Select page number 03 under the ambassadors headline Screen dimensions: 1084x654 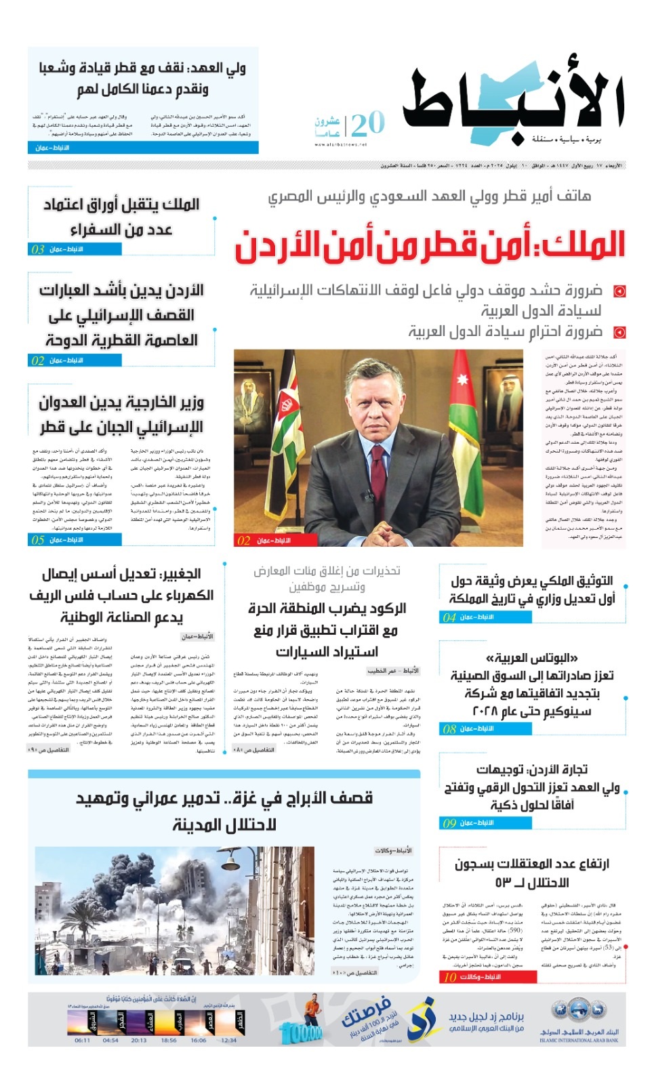click(x=38, y=249)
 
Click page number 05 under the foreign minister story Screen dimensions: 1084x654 click(x=38, y=540)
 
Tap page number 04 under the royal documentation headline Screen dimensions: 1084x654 click(x=449, y=617)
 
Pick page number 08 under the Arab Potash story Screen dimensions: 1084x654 click(x=449, y=729)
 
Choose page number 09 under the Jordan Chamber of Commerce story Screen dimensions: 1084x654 click(x=449, y=823)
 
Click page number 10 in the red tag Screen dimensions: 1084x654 click(x=450, y=977)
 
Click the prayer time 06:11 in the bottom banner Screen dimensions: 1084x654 click(x=82, y=1041)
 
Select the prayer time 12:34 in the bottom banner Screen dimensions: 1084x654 click(x=229, y=1041)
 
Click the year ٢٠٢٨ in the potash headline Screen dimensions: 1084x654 click(x=486, y=711)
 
